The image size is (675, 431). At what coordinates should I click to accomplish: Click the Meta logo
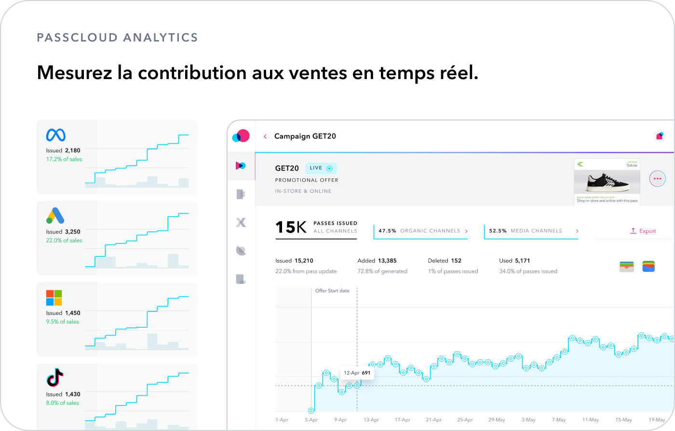[x=55, y=135]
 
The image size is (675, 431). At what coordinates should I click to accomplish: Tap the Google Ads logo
[x=55, y=215]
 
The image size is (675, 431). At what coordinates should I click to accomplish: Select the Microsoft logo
[x=54, y=297]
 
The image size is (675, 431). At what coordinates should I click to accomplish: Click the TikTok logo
[x=55, y=377]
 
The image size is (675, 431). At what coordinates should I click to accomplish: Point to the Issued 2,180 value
[x=63, y=150]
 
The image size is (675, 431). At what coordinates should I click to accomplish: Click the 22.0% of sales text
[x=64, y=241]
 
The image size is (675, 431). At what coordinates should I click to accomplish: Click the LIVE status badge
[x=321, y=168]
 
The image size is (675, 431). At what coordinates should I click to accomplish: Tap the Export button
[x=643, y=231]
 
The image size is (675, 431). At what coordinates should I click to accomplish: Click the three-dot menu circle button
[x=657, y=178]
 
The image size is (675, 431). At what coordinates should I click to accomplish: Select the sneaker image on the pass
[x=607, y=182]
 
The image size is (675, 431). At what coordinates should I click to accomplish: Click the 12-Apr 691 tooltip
[x=357, y=373]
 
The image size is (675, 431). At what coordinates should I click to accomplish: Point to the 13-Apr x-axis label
[x=371, y=420]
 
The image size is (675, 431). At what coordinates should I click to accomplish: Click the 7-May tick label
[x=559, y=420]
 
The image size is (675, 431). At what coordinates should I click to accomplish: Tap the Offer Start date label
[x=332, y=291]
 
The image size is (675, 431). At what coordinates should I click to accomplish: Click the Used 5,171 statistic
[x=514, y=261]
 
